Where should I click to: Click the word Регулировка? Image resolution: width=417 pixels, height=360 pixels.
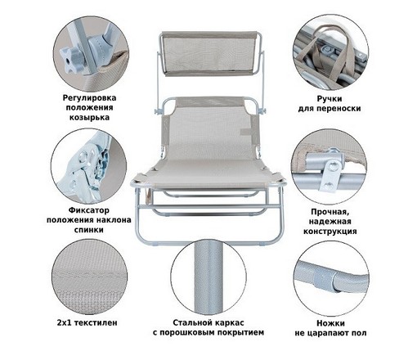click(89, 97)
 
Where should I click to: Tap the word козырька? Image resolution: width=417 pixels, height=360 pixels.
click(89, 118)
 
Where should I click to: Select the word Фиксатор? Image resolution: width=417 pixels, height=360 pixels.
click(89, 210)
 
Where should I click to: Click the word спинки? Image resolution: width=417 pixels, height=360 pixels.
click(89, 230)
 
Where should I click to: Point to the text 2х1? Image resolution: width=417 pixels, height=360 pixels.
click(65, 323)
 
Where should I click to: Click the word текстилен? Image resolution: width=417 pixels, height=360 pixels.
click(96, 323)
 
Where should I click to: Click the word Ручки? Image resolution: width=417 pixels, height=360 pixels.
click(330, 99)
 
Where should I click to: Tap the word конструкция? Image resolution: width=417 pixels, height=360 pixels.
click(330, 232)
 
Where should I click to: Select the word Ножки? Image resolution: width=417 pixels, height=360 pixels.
click(330, 323)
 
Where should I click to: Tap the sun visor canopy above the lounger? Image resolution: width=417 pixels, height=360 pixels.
click(209, 53)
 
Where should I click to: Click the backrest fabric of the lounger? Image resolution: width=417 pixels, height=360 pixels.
click(208, 132)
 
